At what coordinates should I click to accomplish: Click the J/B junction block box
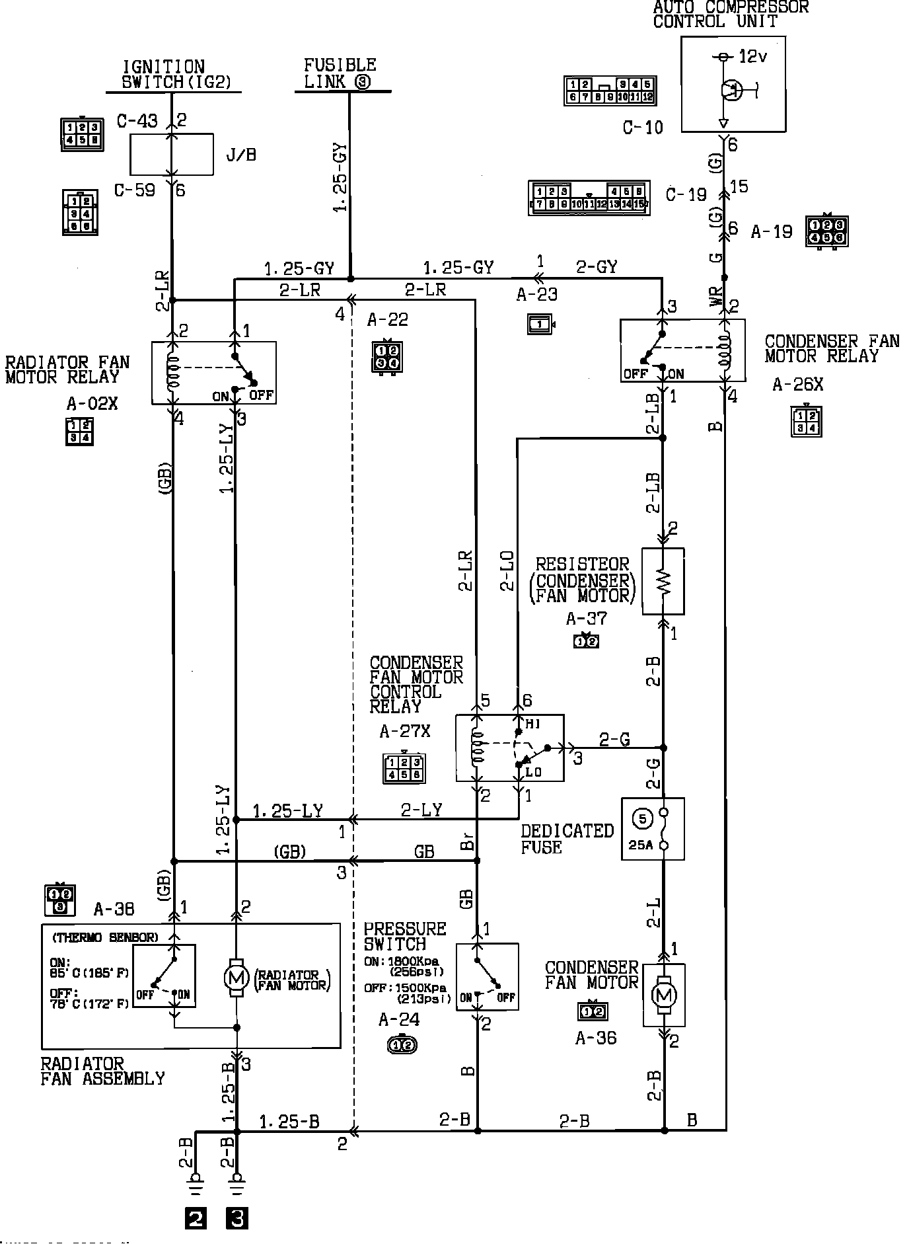[172, 154]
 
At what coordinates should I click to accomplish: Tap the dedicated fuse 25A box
[653, 828]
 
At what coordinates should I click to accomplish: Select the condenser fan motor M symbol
[664, 994]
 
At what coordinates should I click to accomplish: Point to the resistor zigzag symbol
[663, 581]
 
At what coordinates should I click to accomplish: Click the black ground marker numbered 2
[196, 1218]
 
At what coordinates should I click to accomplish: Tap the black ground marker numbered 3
[237, 1218]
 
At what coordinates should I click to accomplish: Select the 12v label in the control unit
[752, 57]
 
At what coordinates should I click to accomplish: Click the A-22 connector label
[388, 320]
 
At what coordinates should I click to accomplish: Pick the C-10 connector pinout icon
[610, 91]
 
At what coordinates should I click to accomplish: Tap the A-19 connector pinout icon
[826, 231]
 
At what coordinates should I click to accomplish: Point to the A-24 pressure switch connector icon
[402, 1044]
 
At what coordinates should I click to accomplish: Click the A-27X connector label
[405, 732]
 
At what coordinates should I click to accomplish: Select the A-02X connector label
[92, 403]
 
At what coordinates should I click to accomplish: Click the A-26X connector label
[797, 385]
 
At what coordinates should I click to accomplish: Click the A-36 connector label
[595, 1038]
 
